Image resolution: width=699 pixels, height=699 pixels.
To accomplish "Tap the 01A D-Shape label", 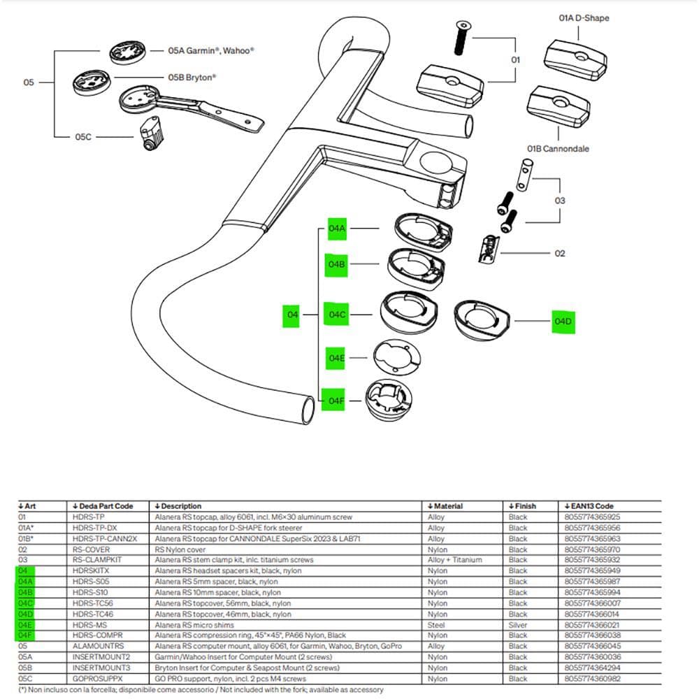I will (x=583, y=17).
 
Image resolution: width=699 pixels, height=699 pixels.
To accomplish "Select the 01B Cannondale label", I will (x=558, y=149).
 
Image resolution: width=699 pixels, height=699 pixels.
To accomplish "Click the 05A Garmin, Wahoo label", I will (x=210, y=51).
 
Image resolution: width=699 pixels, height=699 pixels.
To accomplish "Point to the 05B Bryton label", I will (x=192, y=78).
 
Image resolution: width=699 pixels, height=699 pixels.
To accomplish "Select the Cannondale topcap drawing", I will (x=557, y=104).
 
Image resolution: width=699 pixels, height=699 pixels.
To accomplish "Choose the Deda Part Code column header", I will (x=101, y=506).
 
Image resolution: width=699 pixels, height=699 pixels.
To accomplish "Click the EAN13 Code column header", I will (x=588, y=506).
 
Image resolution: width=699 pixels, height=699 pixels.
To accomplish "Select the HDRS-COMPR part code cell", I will (x=92, y=635).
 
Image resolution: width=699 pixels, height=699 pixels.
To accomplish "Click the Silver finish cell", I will (x=518, y=625).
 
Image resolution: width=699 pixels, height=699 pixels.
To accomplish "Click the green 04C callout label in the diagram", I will (x=337, y=315).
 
